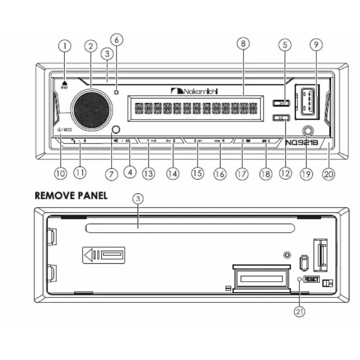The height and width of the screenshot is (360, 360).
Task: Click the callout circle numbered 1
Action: click(66, 46)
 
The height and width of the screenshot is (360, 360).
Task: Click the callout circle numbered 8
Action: click(243, 44)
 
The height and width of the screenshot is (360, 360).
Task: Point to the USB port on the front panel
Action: click(306, 101)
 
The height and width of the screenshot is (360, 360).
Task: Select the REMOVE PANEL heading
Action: click(71, 196)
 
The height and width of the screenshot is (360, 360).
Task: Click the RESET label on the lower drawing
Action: click(311, 279)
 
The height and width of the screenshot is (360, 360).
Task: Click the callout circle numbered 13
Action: click(148, 173)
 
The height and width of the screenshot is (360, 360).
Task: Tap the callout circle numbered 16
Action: click(220, 174)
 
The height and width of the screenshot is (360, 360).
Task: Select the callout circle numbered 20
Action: click(329, 174)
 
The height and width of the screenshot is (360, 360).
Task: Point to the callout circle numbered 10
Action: click(60, 173)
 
